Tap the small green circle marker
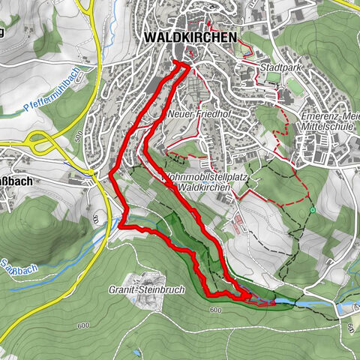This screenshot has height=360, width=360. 312,210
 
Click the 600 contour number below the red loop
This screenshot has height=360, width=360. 216,310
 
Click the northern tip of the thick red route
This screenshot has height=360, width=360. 178,63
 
